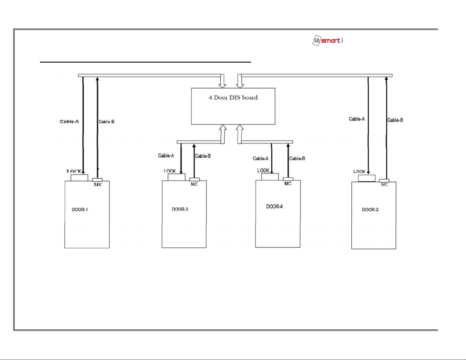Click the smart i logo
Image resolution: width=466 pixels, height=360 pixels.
(328, 41)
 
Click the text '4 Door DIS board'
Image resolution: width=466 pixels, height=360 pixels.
(233, 98)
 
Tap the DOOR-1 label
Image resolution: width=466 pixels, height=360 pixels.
(80, 210)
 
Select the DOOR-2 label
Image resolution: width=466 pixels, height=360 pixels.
(370, 210)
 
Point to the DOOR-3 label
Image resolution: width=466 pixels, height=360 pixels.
(180, 209)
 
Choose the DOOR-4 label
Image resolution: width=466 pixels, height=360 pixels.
(274, 207)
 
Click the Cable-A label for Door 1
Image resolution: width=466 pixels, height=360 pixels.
(69, 121)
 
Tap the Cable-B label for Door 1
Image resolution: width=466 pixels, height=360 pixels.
(106, 122)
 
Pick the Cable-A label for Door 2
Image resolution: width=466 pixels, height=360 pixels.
(357, 119)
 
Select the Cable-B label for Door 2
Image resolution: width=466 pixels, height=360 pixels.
(395, 120)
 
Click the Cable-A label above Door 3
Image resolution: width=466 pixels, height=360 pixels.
(166, 155)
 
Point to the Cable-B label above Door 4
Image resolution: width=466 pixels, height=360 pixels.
(297, 159)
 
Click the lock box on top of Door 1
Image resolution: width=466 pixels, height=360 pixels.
(79, 178)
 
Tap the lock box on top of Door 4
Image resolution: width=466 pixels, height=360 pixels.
(270, 177)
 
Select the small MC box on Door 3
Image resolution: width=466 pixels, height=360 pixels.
(195, 179)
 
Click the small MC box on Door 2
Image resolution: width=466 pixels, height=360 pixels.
(384, 181)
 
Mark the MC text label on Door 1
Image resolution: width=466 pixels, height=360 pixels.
(98, 185)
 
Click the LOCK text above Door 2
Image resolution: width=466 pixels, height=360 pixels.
(359, 172)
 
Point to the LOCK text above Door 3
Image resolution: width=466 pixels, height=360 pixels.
(170, 171)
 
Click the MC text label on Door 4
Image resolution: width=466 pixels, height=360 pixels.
(288, 184)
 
